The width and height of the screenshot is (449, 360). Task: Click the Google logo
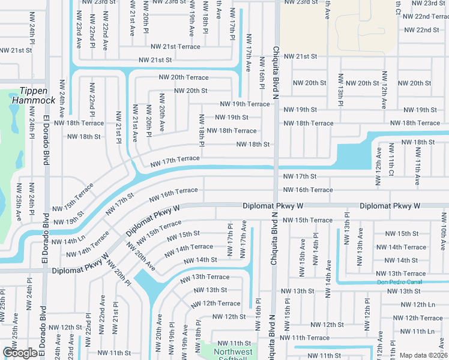[20, 353]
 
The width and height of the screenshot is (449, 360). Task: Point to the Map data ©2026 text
[423, 355]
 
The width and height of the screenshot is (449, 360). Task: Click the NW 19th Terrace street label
[246, 104]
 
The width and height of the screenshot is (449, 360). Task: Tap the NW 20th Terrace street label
[184, 77]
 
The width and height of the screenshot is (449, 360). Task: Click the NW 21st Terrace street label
[175, 46]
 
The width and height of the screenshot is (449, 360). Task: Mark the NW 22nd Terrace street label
[421, 17]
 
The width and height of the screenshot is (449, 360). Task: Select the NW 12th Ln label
[421, 304]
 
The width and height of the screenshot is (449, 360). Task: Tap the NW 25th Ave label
[18, 201]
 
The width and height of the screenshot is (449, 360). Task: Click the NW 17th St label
[300, 176]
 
